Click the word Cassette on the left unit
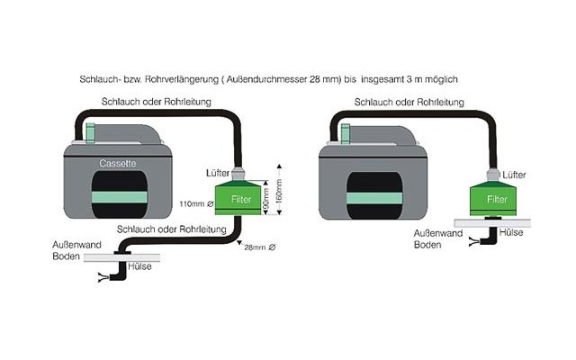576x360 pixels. [x=119, y=164]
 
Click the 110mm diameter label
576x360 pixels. [x=197, y=204]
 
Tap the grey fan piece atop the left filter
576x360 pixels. [x=238, y=173]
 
